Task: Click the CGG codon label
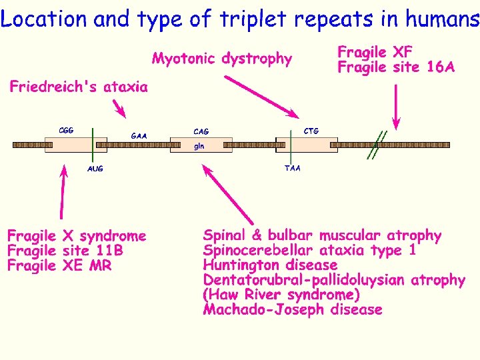coord(66,130)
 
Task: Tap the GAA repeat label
coord(139,136)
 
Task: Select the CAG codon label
coord(200,131)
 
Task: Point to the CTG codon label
coord(311,131)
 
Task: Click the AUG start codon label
coord(95,169)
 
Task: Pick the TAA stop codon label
coord(292,168)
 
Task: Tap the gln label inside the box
coord(199,145)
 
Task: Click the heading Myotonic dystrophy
coord(222,59)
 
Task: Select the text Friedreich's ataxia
coord(79,87)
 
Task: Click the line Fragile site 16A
coord(396,67)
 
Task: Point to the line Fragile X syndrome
coord(76,235)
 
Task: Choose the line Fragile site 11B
coord(65,251)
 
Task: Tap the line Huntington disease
coord(270,265)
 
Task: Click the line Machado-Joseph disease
coord(292,309)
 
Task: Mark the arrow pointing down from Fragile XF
coord(397,103)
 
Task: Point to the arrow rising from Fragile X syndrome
coord(63,193)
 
